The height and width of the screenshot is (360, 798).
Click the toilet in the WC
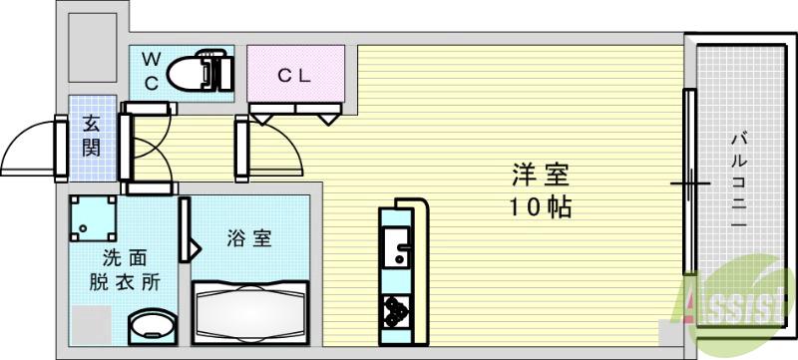(x=198, y=72)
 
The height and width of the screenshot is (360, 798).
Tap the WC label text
(x=151, y=71)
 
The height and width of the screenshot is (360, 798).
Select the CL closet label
(x=295, y=73)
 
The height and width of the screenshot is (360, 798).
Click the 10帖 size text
(x=539, y=208)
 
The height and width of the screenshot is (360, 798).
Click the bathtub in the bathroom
(x=250, y=313)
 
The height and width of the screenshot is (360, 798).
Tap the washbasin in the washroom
(x=153, y=326)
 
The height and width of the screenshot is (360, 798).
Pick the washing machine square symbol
(x=93, y=218)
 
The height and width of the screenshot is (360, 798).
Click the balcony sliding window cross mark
(x=689, y=183)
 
